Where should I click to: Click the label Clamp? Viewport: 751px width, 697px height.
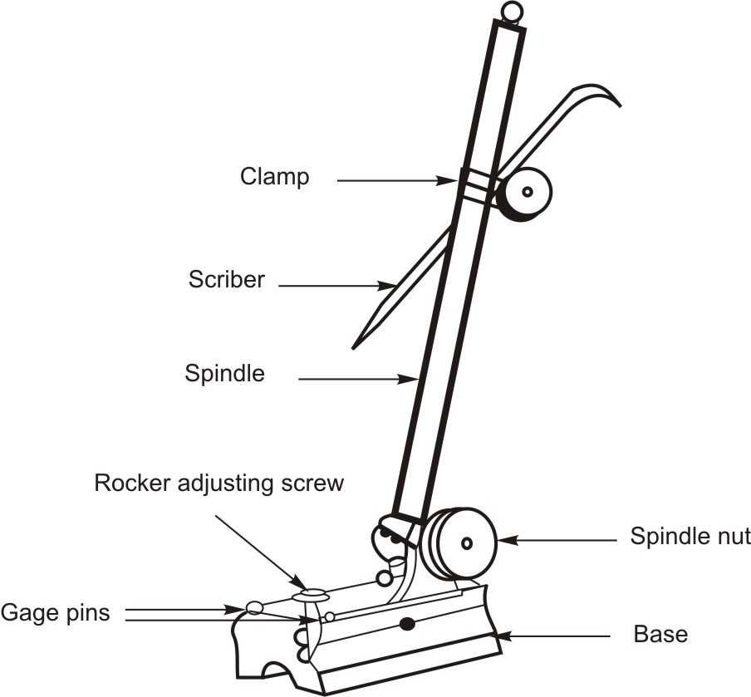coord(274,177)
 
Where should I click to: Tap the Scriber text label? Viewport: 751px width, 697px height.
coord(226,279)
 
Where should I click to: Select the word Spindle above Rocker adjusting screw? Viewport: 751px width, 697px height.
coord(224,374)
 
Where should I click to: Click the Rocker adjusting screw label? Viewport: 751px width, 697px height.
coord(218,483)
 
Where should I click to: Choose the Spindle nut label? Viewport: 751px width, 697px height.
coord(690,537)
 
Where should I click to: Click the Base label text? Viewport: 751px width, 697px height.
coord(660,635)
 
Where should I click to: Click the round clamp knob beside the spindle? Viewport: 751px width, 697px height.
coord(525,193)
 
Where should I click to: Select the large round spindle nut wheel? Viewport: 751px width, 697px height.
coord(465,542)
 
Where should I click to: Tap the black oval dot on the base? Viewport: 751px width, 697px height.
coord(407,624)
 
